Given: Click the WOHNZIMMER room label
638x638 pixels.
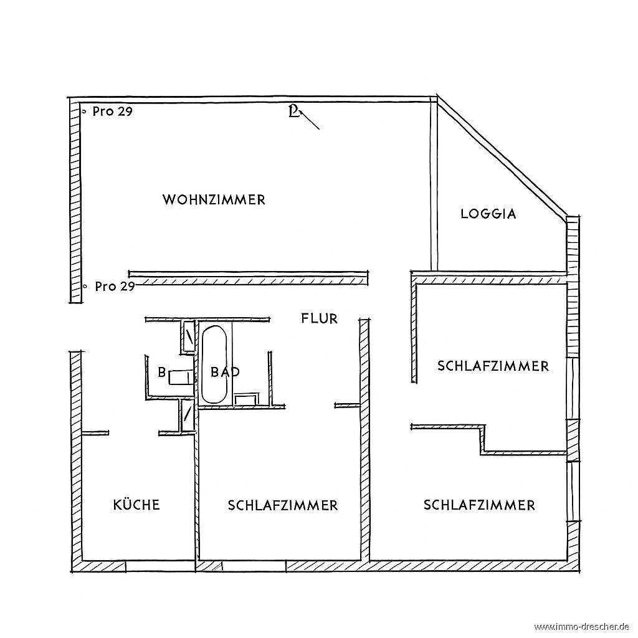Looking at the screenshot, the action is coord(214,200).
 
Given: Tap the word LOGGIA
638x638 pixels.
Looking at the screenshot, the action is coord(488,214).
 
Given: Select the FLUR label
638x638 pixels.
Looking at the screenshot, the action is coord(320,318).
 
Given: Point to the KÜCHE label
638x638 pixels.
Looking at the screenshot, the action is coord(136,504).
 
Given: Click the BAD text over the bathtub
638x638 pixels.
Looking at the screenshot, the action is coord(225,372).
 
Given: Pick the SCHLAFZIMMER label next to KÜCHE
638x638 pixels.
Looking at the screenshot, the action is coord(283,505).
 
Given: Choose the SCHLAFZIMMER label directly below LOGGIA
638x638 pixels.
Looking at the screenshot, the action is coord(493,366).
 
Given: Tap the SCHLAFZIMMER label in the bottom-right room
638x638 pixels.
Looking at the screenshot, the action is coord(479,505).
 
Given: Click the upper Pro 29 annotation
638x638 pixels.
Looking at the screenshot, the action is coord(113,111).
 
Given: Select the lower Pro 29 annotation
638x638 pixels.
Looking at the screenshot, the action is coord(115,287).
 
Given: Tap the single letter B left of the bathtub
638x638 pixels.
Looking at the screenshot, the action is coord(162,372).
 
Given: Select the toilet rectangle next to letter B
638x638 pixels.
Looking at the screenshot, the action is coord(181,377).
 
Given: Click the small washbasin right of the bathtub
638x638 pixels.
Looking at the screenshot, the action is coord(247,399).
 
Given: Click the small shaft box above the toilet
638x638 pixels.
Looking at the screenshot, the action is coord(188,336).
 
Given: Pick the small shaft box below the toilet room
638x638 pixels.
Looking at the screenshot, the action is coord(188,414).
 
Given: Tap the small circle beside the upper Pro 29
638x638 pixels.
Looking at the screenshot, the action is coord(84,111).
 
